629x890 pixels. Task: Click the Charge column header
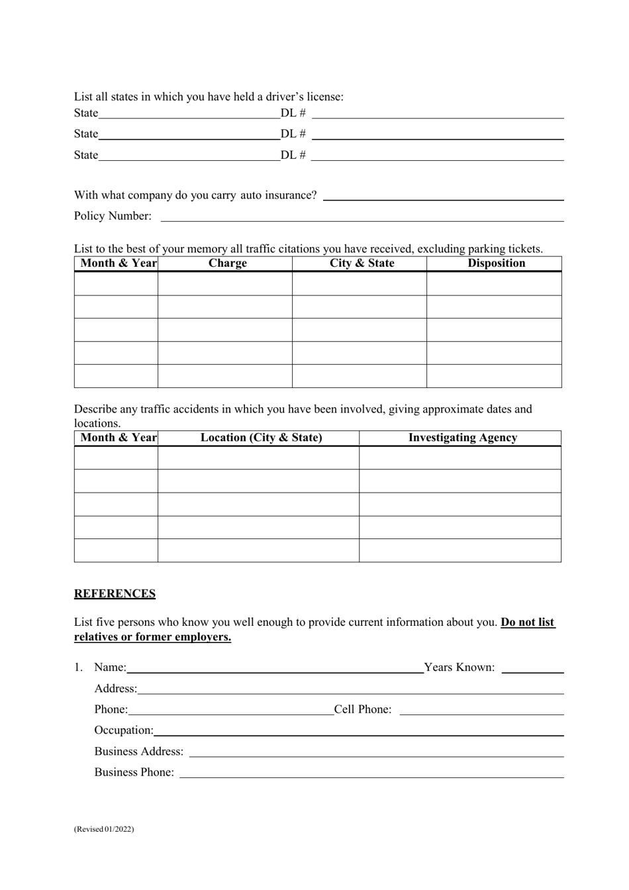[x=227, y=264]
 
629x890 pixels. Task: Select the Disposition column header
[x=496, y=264]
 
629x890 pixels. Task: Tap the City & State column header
[x=362, y=264]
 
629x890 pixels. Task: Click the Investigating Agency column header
[x=462, y=438]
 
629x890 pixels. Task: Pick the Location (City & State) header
[x=261, y=438]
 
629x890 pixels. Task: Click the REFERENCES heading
[x=115, y=594]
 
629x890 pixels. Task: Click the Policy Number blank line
[x=362, y=217]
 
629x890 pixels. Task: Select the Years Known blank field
[x=532, y=668]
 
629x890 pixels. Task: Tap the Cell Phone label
[x=362, y=710]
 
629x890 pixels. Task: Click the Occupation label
[x=124, y=730]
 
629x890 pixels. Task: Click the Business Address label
[x=138, y=752]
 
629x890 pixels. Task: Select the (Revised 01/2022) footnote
[x=104, y=829]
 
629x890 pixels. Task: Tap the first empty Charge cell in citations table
[x=225, y=283]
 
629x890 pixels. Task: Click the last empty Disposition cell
[x=494, y=376]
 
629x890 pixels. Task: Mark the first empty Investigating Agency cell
[x=460, y=458]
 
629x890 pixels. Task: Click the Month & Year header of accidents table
[x=118, y=438]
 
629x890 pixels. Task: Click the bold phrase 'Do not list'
[x=528, y=622]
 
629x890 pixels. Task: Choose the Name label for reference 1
[x=110, y=667]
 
